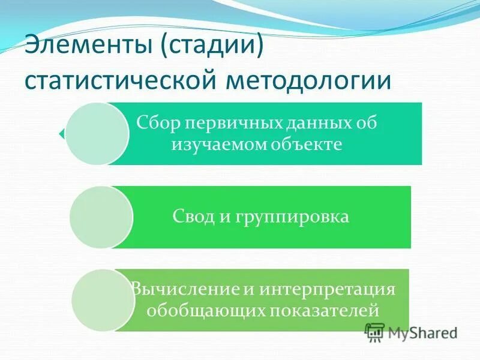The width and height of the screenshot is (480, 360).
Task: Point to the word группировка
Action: click(287, 216)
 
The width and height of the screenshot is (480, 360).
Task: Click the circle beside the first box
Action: click(97, 133)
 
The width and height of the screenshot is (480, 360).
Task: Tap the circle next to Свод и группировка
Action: click(101, 217)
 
